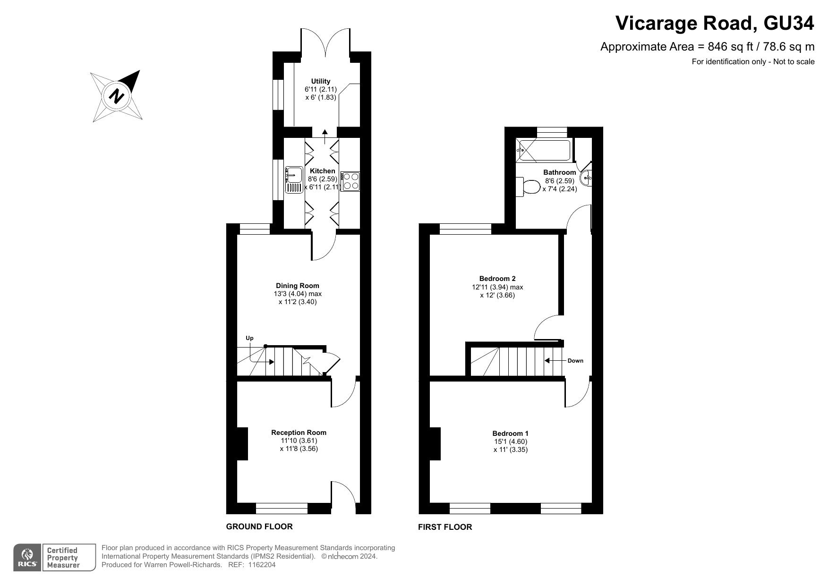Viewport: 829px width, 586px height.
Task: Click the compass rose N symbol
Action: [x=117, y=96]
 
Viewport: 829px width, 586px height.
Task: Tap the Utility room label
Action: [x=321, y=81]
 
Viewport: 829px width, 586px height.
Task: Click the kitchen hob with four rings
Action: [x=350, y=181]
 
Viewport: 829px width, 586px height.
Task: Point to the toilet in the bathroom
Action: [x=530, y=187]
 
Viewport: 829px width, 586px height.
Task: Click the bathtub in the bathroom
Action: [x=544, y=151]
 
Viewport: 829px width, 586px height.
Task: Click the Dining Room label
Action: [x=298, y=286]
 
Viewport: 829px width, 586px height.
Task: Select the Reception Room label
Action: [x=299, y=433]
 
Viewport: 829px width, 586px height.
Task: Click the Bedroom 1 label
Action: [x=510, y=433]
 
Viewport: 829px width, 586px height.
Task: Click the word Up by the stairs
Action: [x=249, y=338]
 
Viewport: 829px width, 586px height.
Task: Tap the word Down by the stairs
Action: [x=575, y=361]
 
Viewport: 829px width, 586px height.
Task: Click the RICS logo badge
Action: [x=27, y=558]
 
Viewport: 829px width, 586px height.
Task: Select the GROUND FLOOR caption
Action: [x=259, y=527]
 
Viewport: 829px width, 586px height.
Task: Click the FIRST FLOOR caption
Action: [x=445, y=527]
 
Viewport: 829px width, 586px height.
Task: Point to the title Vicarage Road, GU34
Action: [x=715, y=23]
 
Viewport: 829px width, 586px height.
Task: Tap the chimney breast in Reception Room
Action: [x=242, y=443]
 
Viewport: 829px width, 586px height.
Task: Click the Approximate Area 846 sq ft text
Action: [x=707, y=47]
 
